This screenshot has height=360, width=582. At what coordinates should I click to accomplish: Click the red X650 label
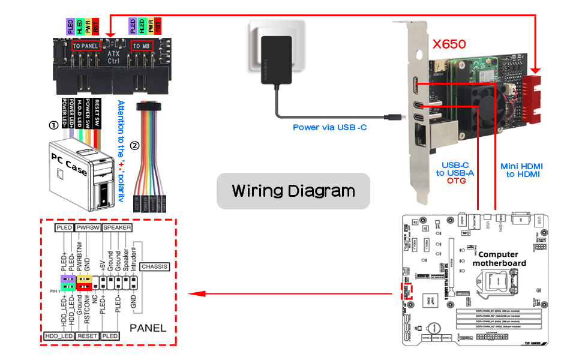pyautogui.click(x=449, y=44)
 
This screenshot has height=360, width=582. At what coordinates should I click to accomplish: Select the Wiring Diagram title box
pyautogui.click(x=293, y=191)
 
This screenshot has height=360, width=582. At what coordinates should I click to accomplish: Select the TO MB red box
pyautogui.click(x=141, y=46)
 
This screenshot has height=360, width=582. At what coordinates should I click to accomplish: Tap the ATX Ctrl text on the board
pyautogui.click(x=113, y=58)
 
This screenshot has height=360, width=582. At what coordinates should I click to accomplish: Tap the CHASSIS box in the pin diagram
pyautogui.click(x=154, y=266)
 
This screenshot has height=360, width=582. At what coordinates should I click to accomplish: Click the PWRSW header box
pyautogui.click(x=88, y=228)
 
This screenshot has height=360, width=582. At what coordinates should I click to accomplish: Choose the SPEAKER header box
pyautogui.click(x=117, y=228)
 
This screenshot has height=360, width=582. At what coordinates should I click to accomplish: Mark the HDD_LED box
pyautogui.click(x=58, y=337)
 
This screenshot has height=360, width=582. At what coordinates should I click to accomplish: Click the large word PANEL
pyautogui.click(x=148, y=328)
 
